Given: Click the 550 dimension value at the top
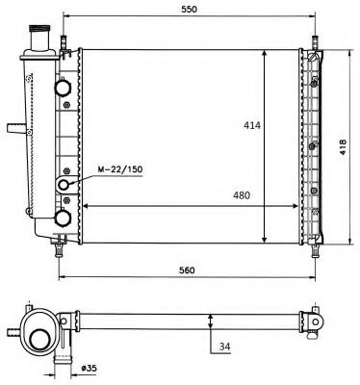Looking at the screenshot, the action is click(x=189, y=9).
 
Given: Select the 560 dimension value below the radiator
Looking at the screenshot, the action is click(x=187, y=270).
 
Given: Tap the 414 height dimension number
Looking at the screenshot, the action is click(x=252, y=125).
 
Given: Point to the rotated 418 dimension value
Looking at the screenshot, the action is click(x=343, y=147).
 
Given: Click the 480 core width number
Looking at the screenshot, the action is click(x=241, y=195).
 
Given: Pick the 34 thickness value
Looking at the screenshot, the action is click(x=225, y=346).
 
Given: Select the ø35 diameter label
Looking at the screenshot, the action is click(x=89, y=368).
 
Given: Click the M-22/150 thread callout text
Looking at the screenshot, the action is click(x=120, y=169).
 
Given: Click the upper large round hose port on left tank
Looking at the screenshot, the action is click(x=63, y=87).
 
